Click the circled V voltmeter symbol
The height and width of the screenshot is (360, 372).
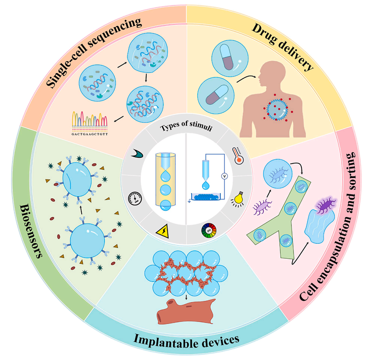pyautogui.click(x=224, y=176)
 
